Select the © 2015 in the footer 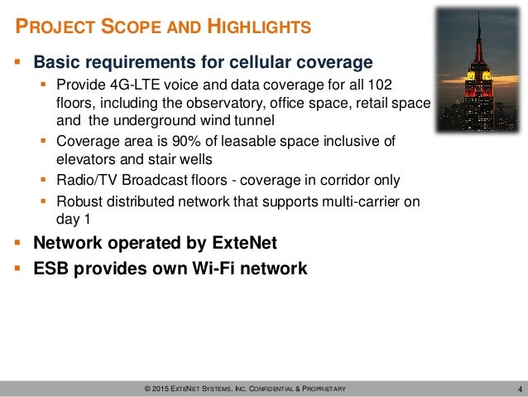pos(156,389)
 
